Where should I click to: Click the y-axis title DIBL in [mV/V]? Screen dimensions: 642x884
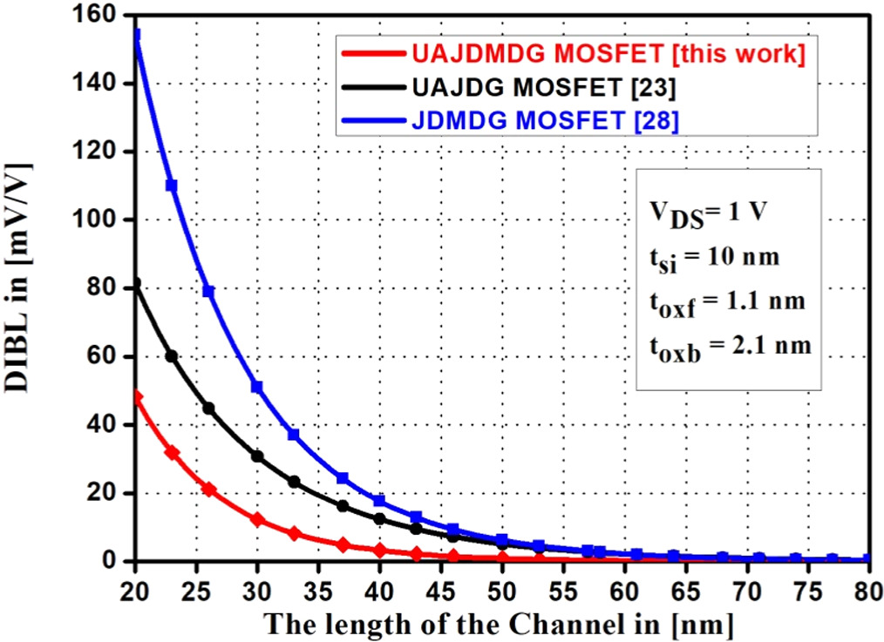click(x=24, y=287)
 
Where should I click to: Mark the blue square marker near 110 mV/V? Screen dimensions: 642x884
click(x=172, y=186)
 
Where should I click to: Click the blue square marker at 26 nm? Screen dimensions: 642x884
click(x=208, y=291)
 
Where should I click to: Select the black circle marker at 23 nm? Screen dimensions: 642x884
click(x=172, y=356)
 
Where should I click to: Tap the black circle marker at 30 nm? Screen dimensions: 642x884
click(x=257, y=456)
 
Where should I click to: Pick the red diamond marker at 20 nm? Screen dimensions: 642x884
click(x=136, y=397)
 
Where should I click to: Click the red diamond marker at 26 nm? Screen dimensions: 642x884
click(x=208, y=490)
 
